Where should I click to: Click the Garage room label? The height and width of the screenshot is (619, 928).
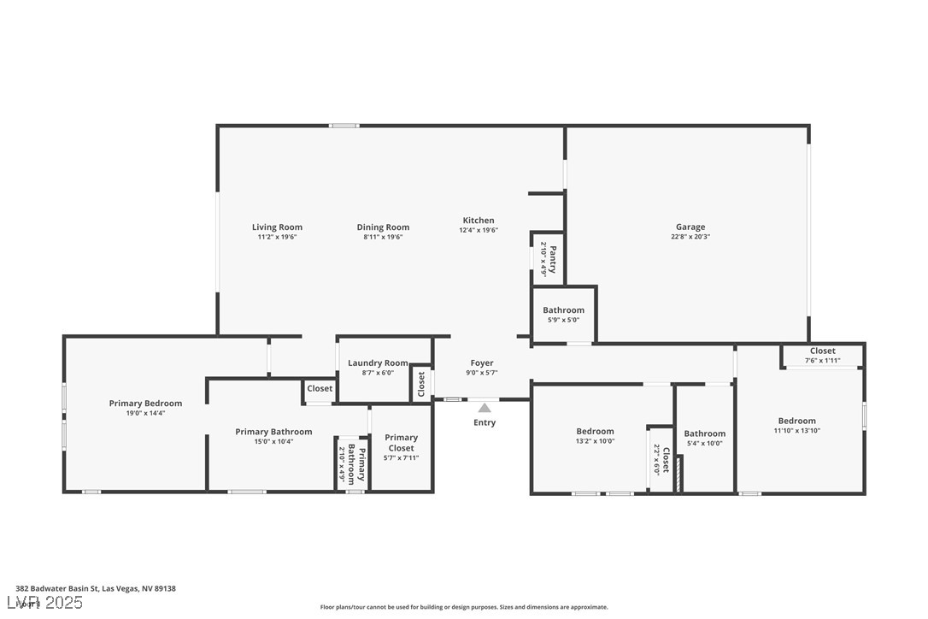(x=690, y=227)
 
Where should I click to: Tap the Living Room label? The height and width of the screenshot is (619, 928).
(x=277, y=227)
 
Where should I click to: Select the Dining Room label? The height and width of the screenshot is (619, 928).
(x=383, y=227)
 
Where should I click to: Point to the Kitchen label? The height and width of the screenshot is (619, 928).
(x=479, y=221)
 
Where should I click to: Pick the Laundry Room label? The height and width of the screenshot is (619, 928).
(x=378, y=363)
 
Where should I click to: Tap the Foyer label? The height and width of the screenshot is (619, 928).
(x=482, y=363)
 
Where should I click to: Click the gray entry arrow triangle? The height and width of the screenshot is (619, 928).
(x=485, y=408)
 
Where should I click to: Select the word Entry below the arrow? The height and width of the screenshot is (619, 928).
(x=485, y=422)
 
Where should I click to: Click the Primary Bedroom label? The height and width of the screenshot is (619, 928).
(x=145, y=404)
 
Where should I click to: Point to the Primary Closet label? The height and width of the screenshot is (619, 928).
(x=401, y=442)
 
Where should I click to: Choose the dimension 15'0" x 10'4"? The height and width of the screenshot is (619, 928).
(x=273, y=441)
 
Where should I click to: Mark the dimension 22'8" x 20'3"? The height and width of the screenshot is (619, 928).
(x=690, y=237)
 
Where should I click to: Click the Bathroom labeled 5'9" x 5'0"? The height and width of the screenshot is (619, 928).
(x=564, y=310)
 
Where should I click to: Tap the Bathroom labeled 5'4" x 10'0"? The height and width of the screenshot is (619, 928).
(x=705, y=433)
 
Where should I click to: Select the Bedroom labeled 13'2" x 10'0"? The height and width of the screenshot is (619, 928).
(x=595, y=432)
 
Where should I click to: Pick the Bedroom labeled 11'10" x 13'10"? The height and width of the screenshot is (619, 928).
(x=796, y=421)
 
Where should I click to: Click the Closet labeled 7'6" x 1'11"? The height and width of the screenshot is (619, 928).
(x=822, y=351)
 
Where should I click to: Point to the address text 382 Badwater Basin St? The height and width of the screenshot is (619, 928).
(x=95, y=589)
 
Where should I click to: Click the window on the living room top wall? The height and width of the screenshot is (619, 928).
(x=344, y=126)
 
